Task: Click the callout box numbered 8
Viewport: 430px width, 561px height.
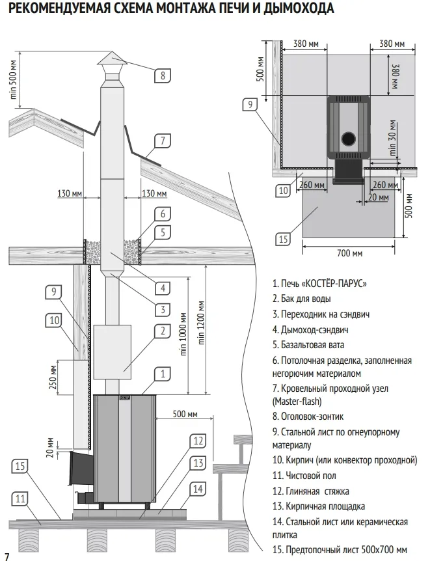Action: coord(163,75)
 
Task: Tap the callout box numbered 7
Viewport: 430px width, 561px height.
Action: coord(163,139)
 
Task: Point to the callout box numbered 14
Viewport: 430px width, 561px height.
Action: coord(198,488)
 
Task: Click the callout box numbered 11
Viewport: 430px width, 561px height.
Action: coord(21,499)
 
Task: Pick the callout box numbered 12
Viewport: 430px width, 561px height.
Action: coord(198,441)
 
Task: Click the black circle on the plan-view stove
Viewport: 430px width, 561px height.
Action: coord(349,137)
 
